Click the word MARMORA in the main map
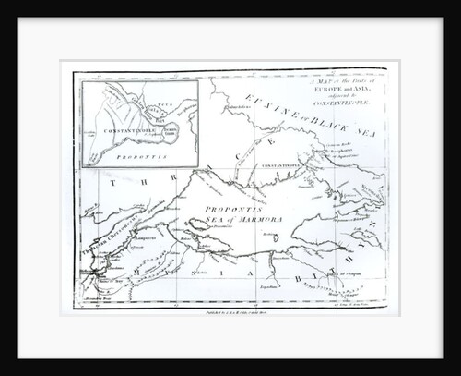(242, 223)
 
